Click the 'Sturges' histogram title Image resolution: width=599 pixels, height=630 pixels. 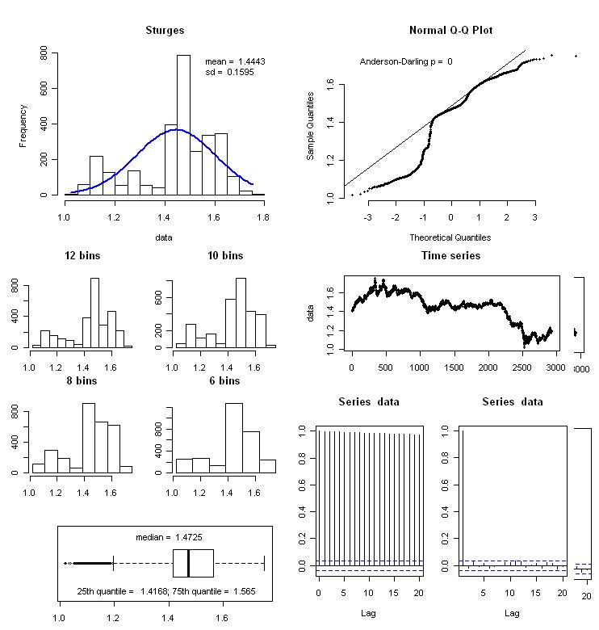pos(165,31)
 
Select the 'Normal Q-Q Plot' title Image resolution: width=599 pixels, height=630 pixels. pos(451,31)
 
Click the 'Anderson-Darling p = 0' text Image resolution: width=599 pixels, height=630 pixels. pos(406,61)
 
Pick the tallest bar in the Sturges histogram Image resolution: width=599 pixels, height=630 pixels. pos(183,125)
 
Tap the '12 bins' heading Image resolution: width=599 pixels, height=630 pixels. pos(82,256)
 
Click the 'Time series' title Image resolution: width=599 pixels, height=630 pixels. pos(451,256)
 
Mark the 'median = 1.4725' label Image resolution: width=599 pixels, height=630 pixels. pos(165,537)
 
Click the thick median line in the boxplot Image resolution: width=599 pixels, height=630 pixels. pos(188,563)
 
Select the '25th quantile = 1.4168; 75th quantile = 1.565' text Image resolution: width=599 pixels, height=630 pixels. pos(165,590)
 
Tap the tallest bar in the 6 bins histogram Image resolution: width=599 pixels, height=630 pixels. pos(234,438)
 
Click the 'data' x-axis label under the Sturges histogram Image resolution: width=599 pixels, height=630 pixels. pos(165,237)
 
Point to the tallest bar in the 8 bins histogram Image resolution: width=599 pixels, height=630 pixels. pos(89,438)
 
